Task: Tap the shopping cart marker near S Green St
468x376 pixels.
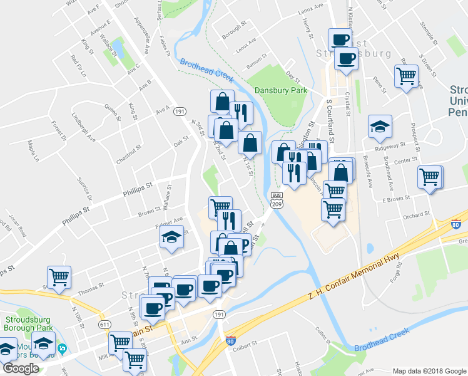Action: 406,76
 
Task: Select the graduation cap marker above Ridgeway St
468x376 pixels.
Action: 380,127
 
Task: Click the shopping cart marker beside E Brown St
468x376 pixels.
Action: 430,177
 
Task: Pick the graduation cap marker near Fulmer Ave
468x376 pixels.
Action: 170,237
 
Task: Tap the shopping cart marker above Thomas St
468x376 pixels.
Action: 59,276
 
